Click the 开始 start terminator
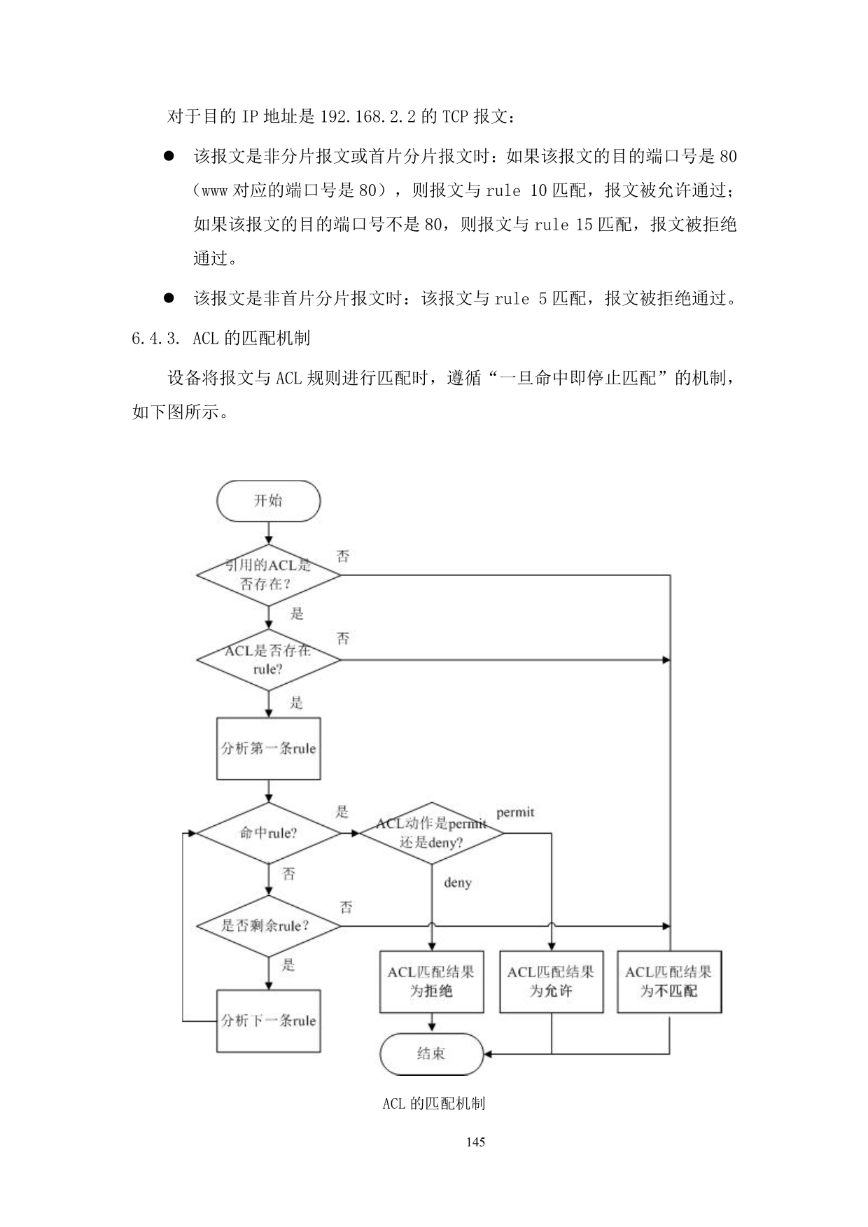click(x=268, y=500)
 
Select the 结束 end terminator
click(x=431, y=1053)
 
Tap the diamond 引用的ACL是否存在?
click(x=268, y=575)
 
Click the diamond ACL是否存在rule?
click(x=268, y=659)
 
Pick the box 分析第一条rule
click(x=268, y=748)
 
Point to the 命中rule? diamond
click(x=268, y=833)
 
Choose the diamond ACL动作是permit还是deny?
click(x=431, y=833)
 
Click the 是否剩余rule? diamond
click(x=268, y=926)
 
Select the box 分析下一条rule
click(x=268, y=1021)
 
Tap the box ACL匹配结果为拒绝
click(x=431, y=981)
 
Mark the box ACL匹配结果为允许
click(x=551, y=981)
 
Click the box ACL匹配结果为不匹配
click(x=668, y=981)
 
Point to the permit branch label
click(x=515, y=813)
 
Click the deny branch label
click(x=457, y=883)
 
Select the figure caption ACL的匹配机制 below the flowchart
click(x=433, y=1104)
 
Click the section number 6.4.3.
click(x=150, y=339)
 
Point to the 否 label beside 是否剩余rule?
click(x=346, y=908)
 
